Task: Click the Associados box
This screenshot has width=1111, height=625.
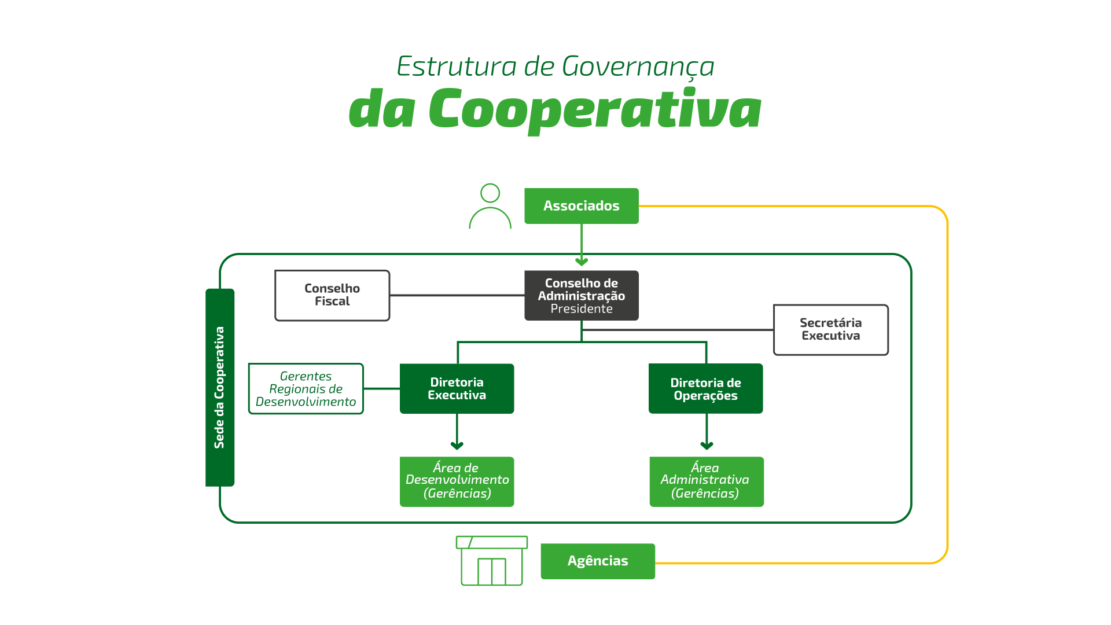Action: click(x=581, y=206)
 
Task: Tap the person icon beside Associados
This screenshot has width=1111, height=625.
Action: click(x=490, y=207)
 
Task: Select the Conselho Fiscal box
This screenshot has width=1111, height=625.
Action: click(x=332, y=295)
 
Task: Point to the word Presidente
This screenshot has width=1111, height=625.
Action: click(x=581, y=309)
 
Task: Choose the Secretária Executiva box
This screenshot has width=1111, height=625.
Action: click(x=830, y=329)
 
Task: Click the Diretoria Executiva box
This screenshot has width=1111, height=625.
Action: click(x=457, y=388)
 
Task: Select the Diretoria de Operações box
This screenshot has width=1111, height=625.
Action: click(x=705, y=389)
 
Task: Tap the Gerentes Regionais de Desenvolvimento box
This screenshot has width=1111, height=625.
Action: click(x=306, y=389)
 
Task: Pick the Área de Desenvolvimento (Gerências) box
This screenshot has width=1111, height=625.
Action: click(x=457, y=481)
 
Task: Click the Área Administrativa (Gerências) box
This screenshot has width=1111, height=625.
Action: click(x=706, y=481)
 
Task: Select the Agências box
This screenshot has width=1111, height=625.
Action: click(x=598, y=561)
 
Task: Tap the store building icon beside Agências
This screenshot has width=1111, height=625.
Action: click(x=492, y=561)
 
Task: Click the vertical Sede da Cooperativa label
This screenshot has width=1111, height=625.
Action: click(x=220, y=387)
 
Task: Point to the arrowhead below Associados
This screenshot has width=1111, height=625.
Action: click(x=582, y=262)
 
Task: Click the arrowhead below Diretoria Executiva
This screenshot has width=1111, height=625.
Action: click(x=457, y=446)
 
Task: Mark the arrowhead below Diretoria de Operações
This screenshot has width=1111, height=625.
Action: click(x=707, y=446)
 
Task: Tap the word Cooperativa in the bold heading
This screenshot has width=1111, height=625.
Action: click(x=594, y=110)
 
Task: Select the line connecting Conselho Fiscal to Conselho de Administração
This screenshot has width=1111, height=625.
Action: click(x=457, y=295)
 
